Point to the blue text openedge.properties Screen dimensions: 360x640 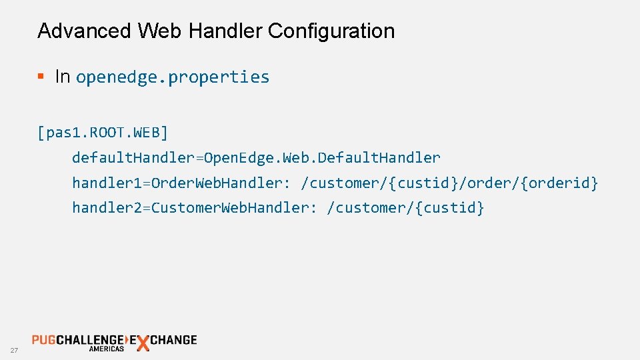click(173, 77)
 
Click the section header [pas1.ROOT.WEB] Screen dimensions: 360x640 click(103, 133)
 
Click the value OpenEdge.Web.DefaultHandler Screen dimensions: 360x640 click(322, 158)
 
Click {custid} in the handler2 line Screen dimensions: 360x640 click(450, 207)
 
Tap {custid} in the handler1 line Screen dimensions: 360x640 click(425, 183)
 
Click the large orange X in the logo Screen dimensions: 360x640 click(141, 343)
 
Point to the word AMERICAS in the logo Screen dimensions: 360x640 click(107, 349)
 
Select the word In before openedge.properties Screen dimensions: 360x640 click(63, 77)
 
